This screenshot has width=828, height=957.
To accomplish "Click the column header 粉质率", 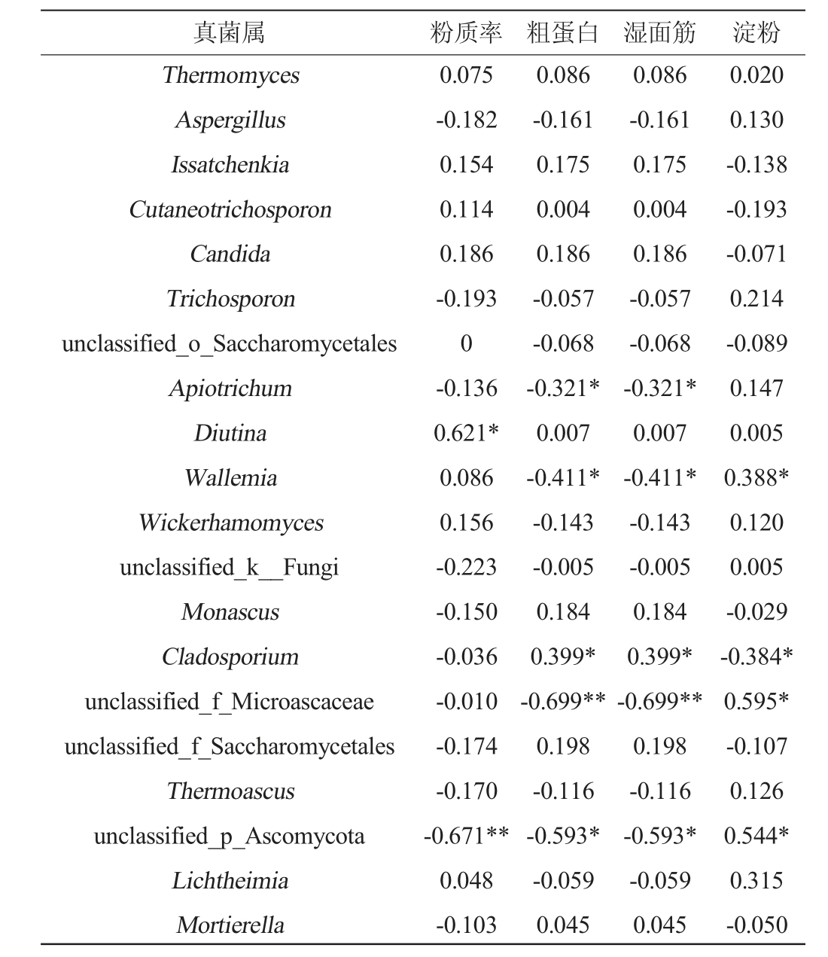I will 466,32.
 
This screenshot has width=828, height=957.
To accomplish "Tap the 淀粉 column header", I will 756,32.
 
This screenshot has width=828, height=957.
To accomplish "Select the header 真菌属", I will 230,32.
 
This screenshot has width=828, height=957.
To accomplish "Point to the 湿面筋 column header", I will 659,32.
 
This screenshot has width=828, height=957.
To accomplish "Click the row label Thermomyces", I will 230,75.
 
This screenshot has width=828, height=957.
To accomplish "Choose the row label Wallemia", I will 230,478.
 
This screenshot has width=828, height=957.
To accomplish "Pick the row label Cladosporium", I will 230,657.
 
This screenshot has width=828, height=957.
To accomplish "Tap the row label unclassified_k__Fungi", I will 229,567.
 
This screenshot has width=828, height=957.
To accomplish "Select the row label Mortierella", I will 230,925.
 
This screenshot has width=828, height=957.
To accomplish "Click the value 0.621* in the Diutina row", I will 466,433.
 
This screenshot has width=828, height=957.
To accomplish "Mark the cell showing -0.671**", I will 466,836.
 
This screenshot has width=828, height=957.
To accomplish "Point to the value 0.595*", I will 756,702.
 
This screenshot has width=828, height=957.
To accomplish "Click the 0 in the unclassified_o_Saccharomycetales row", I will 466,344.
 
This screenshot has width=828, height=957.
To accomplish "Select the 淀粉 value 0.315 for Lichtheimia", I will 756,881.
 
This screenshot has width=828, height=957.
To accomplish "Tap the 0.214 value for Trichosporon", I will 756,299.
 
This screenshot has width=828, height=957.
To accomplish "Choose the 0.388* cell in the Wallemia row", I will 756,478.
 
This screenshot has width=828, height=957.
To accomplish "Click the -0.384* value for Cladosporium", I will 756,657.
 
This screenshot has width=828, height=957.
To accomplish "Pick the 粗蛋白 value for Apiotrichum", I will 563,389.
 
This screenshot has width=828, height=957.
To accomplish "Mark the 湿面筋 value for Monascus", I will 659,612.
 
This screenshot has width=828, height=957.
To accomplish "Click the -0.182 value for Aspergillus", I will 466,120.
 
